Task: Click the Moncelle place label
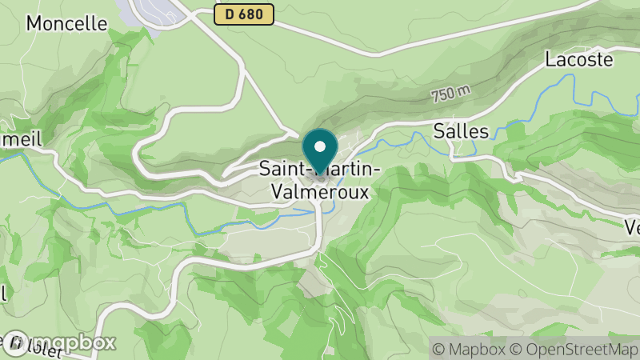pyautogui.click(x=66, y=22)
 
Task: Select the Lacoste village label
pyautogui.click(x=579, y=58)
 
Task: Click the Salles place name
pyautogui.click(x=461, y=130)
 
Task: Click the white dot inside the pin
pyautogui.click(x=320, y=146)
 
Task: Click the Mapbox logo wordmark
pyautogui.click(x=73, y=342)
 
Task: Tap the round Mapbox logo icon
pyautogui.click(x=18, y=342)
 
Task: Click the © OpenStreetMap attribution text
pyautogui.click(x=575, y=348)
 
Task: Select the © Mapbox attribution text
pyautogui.click(x=468, y=348)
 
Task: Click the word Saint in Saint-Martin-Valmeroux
pyautogui.click(x=279, y=169)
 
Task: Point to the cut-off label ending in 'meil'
pyautogui.click(x=20, y=138)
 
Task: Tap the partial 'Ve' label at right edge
pyautogui.click(x=631, y=227)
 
